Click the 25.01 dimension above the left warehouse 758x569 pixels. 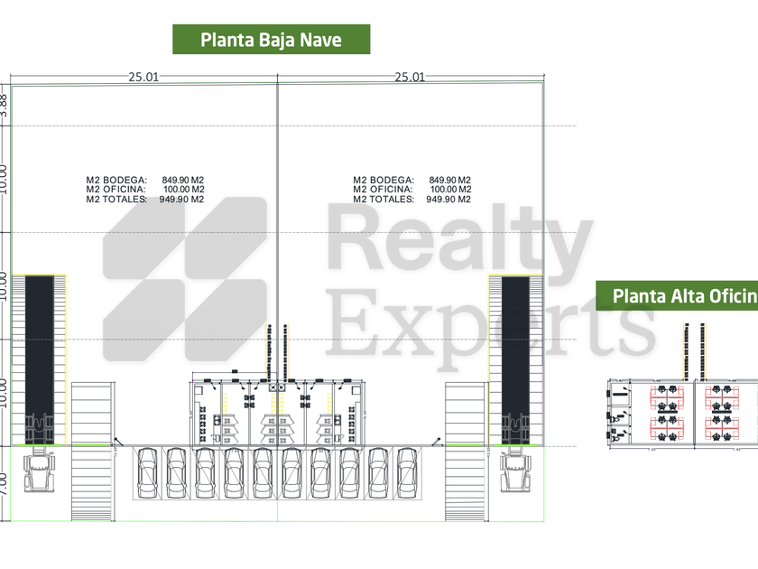tap(143, 78)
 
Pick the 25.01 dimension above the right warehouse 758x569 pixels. tap(409, 78)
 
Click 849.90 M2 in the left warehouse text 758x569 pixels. tap(183, 180)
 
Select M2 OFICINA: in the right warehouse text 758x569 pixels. tap(383, 190)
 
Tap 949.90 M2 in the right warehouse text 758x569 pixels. tap(449, 200)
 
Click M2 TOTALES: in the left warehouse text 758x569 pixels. tap(116, 200)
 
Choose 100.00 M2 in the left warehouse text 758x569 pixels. tap(183, 190)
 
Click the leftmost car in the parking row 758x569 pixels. tap(148, 471)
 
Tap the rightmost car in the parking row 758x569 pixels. tap(408, 471)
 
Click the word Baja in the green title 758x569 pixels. tap(273, 40)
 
